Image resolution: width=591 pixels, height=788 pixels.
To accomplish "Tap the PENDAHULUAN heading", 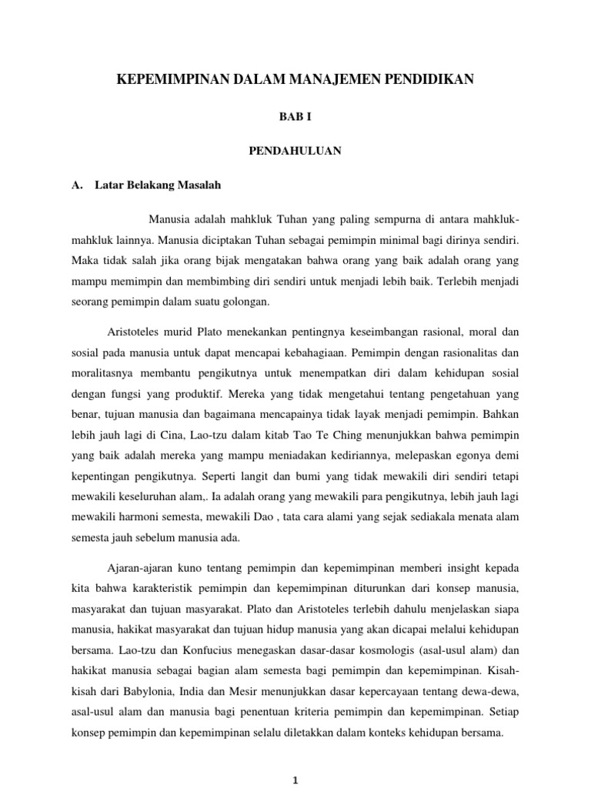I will tap(295, 151).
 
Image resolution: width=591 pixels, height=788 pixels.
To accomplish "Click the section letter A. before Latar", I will tap(76, 185).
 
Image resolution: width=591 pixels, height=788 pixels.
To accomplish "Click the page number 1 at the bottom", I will tap(295, 780).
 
